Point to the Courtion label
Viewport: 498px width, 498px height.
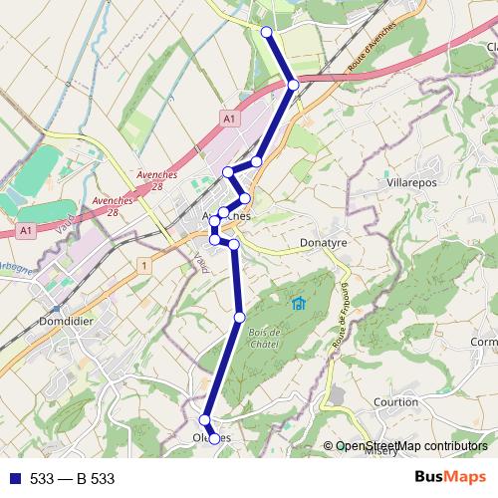(395, 402)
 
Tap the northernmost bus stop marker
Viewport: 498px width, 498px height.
(266, 33)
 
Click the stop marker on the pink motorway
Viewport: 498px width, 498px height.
(293, 85)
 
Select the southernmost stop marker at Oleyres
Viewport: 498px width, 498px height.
(214, 438)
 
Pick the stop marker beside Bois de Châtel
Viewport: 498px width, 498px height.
(239, 317)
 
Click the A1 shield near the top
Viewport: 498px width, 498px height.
(229, 120)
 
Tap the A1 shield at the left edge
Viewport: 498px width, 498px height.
(26, 230)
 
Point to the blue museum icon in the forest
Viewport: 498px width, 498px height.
(297, 303)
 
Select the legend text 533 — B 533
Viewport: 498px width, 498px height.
(72, 479)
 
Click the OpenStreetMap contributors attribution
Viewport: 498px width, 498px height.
(411, 446)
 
